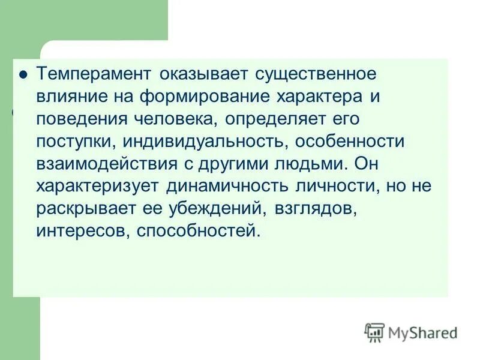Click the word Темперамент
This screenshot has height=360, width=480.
tap(95, 75)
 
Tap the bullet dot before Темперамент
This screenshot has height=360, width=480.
tap(23, 75)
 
